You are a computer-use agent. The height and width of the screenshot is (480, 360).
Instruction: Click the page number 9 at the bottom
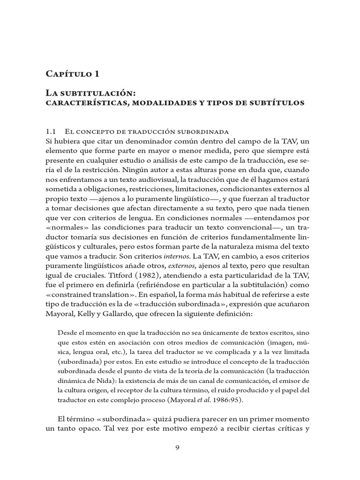[177, 447]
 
